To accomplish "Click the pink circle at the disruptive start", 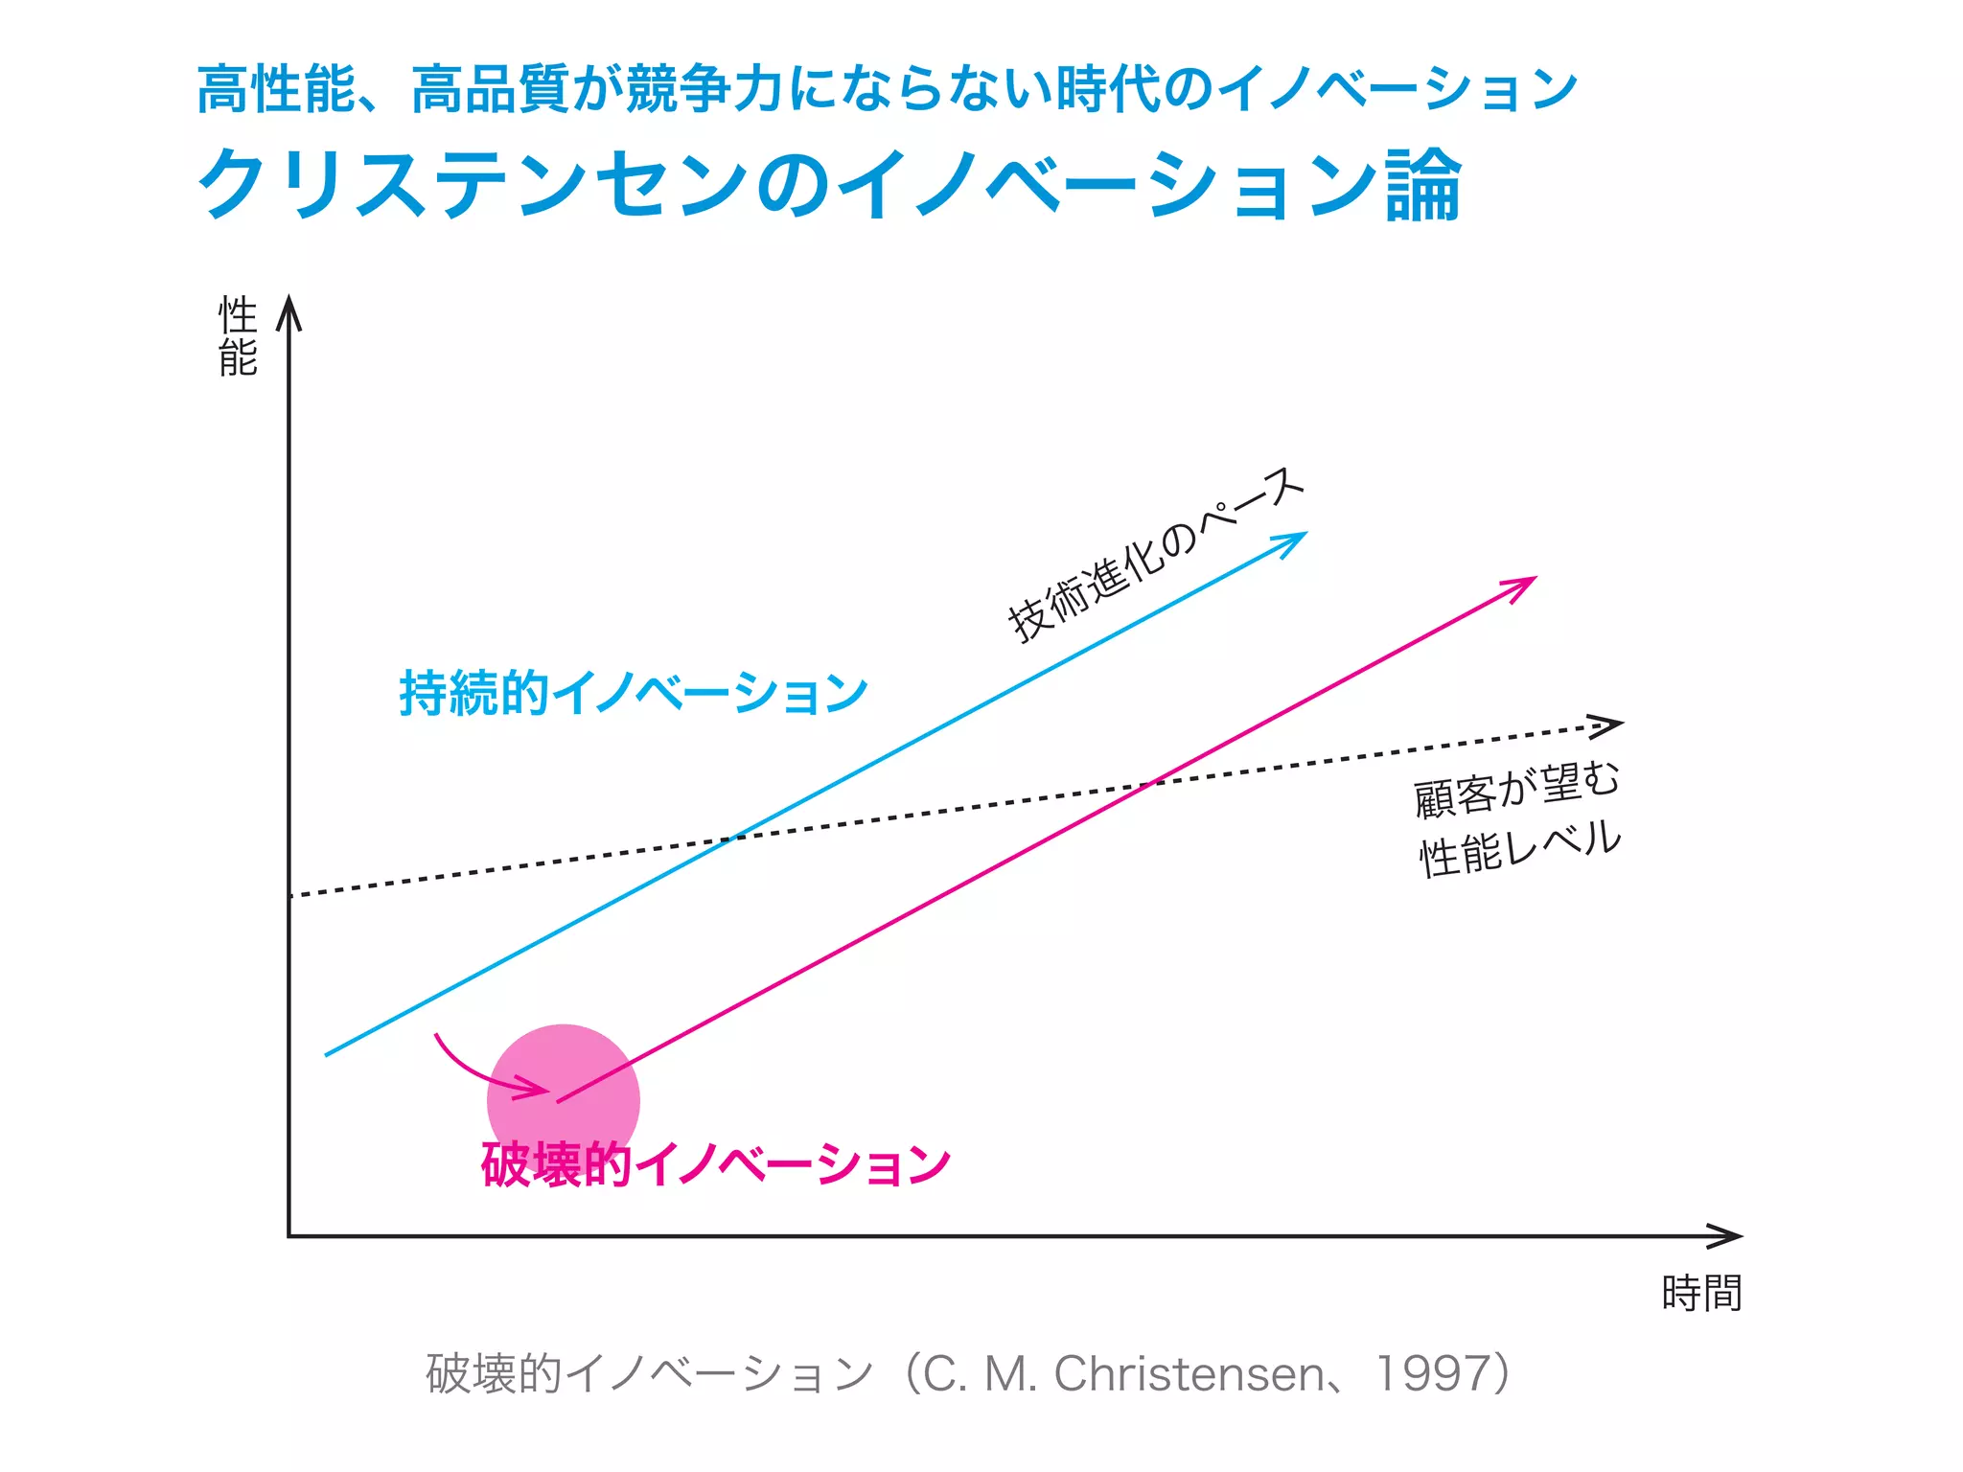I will click(x=564, y=1100).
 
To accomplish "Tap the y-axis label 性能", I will click(x=238, y=336).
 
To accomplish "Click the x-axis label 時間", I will click(x=1701, y=1294).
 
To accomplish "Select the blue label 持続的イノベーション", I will click(x=634, y=693).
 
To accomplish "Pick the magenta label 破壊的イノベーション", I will click(x=715, y=1164).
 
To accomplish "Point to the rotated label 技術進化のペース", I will click(x=1155, y=556).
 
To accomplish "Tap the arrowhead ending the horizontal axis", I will click(x=1730, y=1236).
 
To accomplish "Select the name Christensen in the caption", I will click(x=1189, y=1373).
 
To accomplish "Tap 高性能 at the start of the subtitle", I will click(x=276, y=89).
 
